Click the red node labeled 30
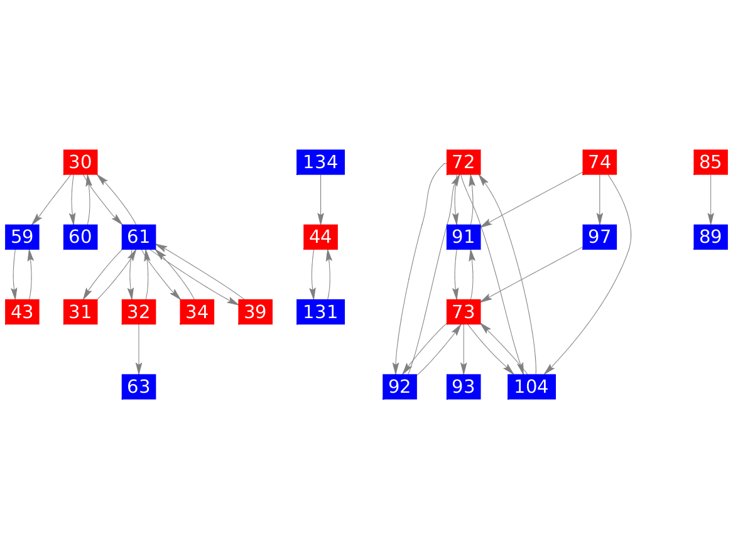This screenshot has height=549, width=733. click(x=80, y=163)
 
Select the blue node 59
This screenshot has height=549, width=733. click(x=22, y=237)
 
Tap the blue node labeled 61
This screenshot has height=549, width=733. click(x=138, y=237)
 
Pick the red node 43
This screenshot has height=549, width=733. click(x=22, y=312)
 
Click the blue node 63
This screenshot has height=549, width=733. click(x=138, y=386)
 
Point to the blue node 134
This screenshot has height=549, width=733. click(x=320, y=163)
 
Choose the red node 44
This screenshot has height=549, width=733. click(x=320, y=237)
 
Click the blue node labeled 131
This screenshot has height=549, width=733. click(x=320, y=312)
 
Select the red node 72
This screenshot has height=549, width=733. click(x=464, y=163)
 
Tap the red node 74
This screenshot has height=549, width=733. click(x=600, y=163)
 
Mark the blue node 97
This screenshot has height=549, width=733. click(x=600, y=237)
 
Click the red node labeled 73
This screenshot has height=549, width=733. click(x=464, y=312)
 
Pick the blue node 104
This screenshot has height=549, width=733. click(x=531, y=386)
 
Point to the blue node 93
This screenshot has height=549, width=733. click(x=464, y=386)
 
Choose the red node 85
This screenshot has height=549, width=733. click(x=710, y=163)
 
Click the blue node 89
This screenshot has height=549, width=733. click(x=710, y=237)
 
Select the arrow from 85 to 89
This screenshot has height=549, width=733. click(x=710, y=200)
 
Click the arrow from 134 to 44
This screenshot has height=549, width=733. click(x=320, y=200)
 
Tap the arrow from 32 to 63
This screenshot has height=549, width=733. click(x=138, y=349)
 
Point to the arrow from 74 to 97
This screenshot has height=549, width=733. click(x=600, y=200)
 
